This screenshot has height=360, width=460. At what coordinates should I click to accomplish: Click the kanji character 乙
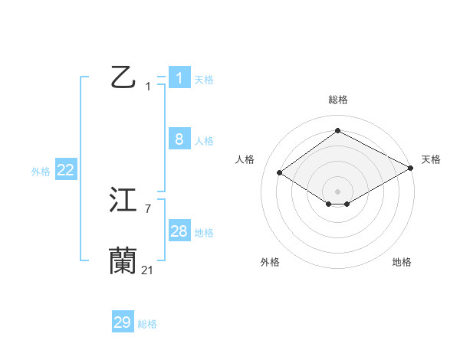click(x=123, y=77)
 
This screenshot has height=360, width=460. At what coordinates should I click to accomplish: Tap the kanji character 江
click(x=123, y=200)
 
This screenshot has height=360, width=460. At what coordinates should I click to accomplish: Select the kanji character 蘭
click(x=123, y=261)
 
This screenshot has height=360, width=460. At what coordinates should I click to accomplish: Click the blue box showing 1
click(x=179, y=77)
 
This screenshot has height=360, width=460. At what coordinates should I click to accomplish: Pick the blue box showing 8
click(x=179, y=139)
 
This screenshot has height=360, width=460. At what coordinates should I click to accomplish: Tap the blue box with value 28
click(x=179, y=231)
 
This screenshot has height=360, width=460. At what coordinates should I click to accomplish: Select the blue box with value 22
click(x=65, y=170)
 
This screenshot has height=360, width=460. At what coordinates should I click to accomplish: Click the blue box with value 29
click(x=123, y=322)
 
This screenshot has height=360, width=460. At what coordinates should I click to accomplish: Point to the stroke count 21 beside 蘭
click(x=147, y=270)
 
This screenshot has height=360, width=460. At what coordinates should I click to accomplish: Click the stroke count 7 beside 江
click(x=147, y=208)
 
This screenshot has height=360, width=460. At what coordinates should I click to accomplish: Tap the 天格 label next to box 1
click(x=204, y=80)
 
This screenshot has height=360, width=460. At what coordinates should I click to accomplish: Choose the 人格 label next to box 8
click(x=204, y=141)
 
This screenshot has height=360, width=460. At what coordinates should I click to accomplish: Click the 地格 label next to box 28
click(x=204, y=233)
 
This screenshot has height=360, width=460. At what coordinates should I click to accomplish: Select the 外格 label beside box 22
click(x=41, y=172)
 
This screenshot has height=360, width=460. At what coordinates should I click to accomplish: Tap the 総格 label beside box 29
click(x=147, y=325)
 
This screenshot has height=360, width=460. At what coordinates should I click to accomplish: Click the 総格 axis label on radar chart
click(x=337, y=100)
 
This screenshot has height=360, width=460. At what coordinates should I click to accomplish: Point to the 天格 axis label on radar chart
click(x=431, y=159)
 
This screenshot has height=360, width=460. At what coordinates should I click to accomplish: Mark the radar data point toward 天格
click(x=411, y=168)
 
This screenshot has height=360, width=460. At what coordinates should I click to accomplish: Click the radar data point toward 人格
click(x=280, y=173)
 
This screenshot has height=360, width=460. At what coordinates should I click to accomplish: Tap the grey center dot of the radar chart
click(x=337, y=191)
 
